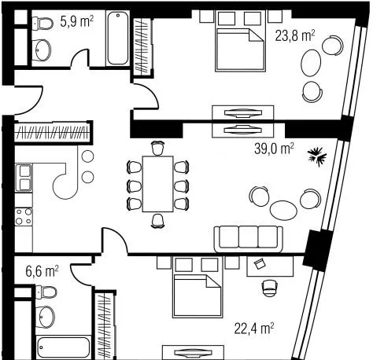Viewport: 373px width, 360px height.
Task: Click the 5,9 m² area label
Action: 76,21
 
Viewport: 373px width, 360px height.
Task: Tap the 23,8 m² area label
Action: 295,35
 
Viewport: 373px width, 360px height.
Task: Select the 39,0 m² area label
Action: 274,149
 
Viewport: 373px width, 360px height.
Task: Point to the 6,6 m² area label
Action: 42,271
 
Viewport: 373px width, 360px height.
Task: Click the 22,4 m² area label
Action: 254,329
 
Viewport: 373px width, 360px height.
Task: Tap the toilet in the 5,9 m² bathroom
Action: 43,23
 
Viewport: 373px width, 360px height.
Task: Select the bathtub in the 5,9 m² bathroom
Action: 118,39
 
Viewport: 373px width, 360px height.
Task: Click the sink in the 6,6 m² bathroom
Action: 45,318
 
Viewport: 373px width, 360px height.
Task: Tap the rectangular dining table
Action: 157,184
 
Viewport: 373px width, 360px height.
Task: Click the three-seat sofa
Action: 249,239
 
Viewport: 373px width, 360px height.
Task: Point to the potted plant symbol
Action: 317,156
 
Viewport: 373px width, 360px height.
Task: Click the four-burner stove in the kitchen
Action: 24,216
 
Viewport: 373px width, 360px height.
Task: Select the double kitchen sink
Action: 24,178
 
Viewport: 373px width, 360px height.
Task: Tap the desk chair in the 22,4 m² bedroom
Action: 269,288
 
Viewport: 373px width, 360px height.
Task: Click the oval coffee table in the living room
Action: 283,210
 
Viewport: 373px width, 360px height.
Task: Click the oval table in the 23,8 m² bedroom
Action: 311,63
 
